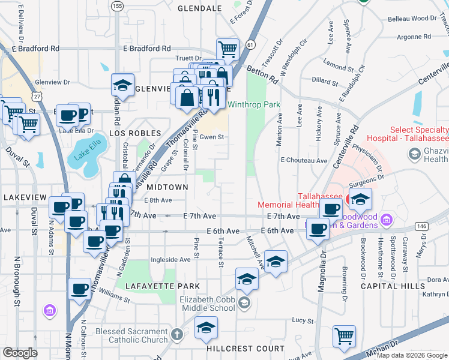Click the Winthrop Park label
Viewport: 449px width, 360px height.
[x=254, y=104]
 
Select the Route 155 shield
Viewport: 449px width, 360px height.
[x=118, y=5]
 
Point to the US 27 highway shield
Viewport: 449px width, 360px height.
[x=38, y=96]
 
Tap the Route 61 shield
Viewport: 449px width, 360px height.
[x=250, y=45]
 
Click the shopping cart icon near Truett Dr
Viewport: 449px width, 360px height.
[x=228, y=49]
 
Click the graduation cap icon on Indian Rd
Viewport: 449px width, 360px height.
[x=122, y=85]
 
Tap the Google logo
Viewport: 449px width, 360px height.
[x=20, y=353]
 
